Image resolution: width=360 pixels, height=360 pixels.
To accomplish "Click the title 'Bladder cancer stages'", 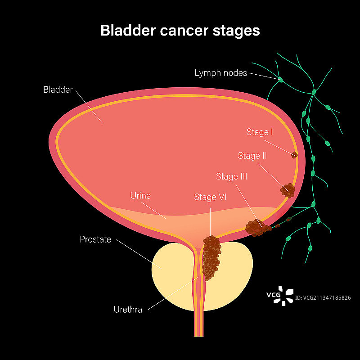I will [x=180, y=31].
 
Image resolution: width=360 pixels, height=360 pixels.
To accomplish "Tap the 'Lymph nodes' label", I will [x=220, y=72].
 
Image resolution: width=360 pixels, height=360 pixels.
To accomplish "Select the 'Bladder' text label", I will [x=58, y=90].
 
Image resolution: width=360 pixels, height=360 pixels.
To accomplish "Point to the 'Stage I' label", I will [x=260, y=132].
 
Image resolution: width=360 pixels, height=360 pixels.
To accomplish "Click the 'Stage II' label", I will [x=252, y=156].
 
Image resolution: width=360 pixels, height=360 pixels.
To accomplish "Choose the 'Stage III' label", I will [x=231, y=176].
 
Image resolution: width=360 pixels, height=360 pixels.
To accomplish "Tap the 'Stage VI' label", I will [x=210, y=197].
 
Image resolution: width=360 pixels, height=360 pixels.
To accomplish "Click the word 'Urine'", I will [x=140, y=196].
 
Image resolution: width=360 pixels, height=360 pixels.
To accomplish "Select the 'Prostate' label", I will [x=95, y=239].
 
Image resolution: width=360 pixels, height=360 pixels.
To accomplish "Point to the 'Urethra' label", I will [x=128, y=310].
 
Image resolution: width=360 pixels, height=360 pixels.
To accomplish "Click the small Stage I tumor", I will [x=294, y=155].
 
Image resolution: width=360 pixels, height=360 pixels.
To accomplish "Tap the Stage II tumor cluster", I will [x=288, y=190].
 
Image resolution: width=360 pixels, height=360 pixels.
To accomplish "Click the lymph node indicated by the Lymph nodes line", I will [x=280, y=80].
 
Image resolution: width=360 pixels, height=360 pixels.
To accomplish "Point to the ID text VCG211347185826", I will [x=323, y=298].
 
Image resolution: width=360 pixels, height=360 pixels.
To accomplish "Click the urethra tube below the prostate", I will [x=198, y=324].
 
